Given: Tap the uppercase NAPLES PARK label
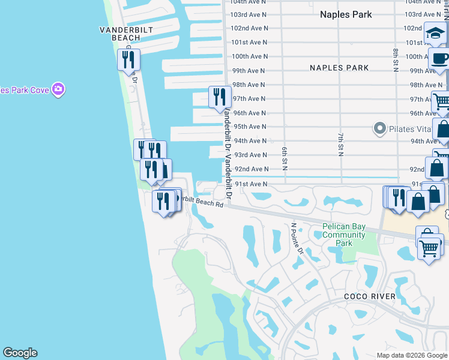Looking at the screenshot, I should (339, 68).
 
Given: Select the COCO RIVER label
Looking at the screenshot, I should (369, 296).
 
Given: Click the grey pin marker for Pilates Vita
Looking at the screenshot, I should (379, 128).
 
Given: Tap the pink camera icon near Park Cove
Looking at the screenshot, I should (58, 90).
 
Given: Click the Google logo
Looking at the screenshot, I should (20, 353).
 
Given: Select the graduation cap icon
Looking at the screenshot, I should (435, 34).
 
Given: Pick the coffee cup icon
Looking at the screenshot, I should (439, 59).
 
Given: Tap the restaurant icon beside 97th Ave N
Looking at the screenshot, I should (219, 96).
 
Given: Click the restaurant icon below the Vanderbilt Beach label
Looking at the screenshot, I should (128, 59).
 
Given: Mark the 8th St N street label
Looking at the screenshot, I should (396, 61).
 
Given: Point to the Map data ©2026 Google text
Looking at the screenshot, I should (411, 355).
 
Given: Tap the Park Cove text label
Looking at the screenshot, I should (24, 90).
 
